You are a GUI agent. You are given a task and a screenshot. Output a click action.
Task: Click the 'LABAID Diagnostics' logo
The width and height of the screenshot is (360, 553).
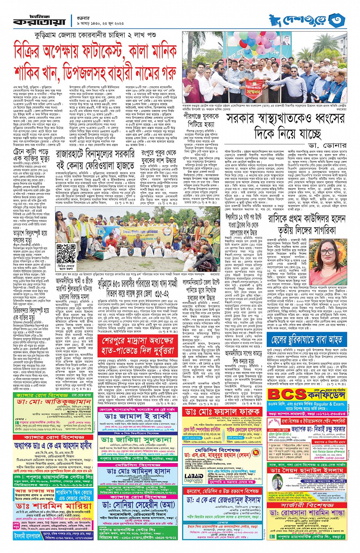[x=194, y=478]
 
